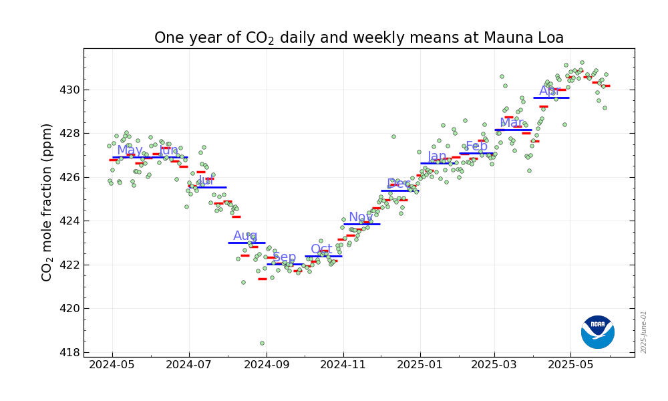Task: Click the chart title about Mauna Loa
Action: click(x=359, y=38)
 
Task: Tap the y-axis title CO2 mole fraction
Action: click(x=47, y=202)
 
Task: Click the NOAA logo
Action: click(x=597, y=332)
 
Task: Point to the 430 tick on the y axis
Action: click(x=71, y=90)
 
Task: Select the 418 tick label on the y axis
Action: click(x=71, y=352)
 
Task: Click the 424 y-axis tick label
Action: click(x=71, y=221)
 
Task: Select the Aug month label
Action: click(x=245, y=236)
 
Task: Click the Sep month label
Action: click(x=284, y=257)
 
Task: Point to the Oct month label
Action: click(x=321, y=249)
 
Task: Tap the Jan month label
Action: click(x=437, y=156)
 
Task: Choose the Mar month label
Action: click(x=511, y=123)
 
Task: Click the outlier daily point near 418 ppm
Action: click(x=262, y=343)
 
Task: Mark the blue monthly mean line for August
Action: click(x=246, y=243)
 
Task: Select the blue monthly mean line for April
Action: click(x=551, y=98)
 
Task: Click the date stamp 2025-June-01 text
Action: click(x=644, y=331)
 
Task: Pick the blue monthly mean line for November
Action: click(x=362, y=224)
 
